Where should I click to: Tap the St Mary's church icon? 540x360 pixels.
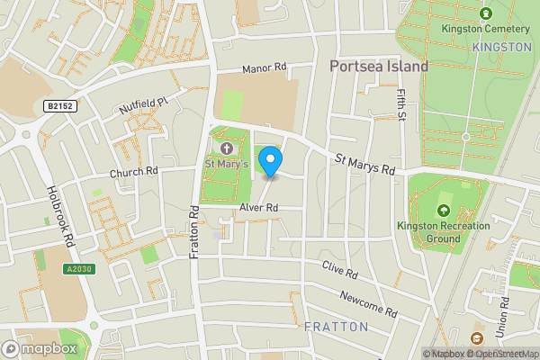(x=226, y=147)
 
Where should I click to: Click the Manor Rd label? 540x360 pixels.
(x=264, y=67)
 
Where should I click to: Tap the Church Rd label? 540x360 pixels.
(x=134, y=171)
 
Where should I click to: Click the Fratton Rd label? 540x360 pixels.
(x=194, y=232)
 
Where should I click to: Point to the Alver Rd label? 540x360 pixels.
(x=258, y=208)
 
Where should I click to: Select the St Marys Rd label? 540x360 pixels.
(x=365, y=165)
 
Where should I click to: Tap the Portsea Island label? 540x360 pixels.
(x=378, y=66)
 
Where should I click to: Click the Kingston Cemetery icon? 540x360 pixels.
(x=486, y=13)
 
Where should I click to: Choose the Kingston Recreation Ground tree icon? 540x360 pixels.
(x=442, y=211)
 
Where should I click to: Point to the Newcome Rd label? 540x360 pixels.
(x=369, y=302)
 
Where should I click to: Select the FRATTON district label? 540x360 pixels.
(x=336, y=326)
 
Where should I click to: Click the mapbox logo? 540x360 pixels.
(x=40, y=348)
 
